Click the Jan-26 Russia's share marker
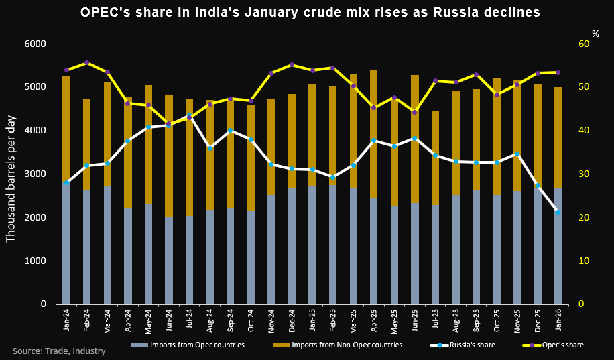(x=558, y=212)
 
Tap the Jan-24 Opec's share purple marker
(x=66, y=70)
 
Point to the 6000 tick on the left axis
(x=35, y=44)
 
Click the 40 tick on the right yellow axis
(x=585, y=131)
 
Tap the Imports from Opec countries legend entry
(x=187, y=345)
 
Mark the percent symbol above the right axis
(x=595, y=33)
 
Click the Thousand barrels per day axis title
(x=11, y=174)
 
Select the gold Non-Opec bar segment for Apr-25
(x=374, y=134)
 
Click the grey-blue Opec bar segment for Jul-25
(x=435, y=255)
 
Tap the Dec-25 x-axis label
(x=538, y=320)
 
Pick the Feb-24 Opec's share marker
(x=87, y=62)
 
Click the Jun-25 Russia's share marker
(x=415, y=138)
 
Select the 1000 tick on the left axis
(x=35, y=261)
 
